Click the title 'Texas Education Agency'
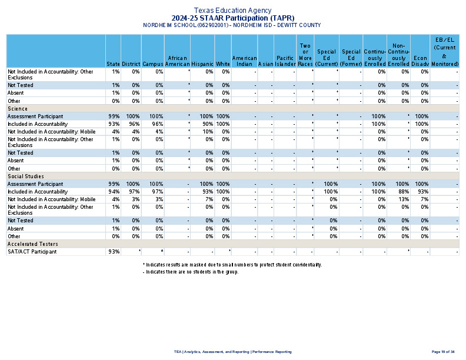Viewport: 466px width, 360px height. tap(232, 10)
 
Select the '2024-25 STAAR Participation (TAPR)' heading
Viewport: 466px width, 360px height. tap(232, 18)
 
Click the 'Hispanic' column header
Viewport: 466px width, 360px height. tap(202, 64)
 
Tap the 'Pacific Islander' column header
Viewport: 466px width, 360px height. tap(285, 61)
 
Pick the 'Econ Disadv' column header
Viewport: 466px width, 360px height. tap(420, 61)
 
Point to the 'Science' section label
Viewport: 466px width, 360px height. tap(17, 109)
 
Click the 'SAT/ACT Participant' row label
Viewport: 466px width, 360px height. tap(32, 252)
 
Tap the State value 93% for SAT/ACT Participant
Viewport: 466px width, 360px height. tap(114, 252)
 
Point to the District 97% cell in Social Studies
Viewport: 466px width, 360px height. tap(133, 192)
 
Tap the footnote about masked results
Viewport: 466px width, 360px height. tap(232, 265)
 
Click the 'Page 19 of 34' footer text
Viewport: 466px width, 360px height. tap(443, 352)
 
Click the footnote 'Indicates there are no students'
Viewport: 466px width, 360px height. tap(191, 272)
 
